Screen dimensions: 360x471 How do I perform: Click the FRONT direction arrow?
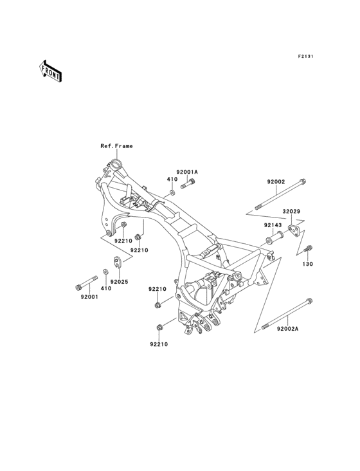[50, 71]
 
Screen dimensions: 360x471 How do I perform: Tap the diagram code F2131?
[305, 56]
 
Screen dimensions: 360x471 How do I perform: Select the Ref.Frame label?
[116, 146]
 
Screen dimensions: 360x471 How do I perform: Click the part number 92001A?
[187, 172]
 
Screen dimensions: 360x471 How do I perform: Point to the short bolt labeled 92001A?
[188, 183]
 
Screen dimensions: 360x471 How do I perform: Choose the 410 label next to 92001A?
[172, 179]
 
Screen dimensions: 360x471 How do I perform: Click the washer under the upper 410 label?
[172, 192]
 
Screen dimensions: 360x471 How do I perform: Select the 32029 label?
[291, 212]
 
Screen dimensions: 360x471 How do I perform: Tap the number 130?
[307, 264]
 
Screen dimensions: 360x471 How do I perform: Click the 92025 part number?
[119, 282]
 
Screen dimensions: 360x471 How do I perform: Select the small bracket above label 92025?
[117, 261]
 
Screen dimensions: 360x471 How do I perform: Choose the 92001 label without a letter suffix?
[89, 297]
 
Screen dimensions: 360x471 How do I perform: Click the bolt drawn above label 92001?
[87, 283]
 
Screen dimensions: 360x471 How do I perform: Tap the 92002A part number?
[288, 329]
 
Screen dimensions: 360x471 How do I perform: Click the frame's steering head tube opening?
[115, 165]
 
